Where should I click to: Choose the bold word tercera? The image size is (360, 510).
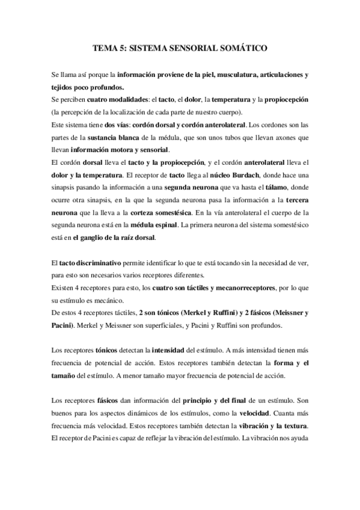tap(296, 200)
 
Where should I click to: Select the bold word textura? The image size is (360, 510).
tap(293, 426)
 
